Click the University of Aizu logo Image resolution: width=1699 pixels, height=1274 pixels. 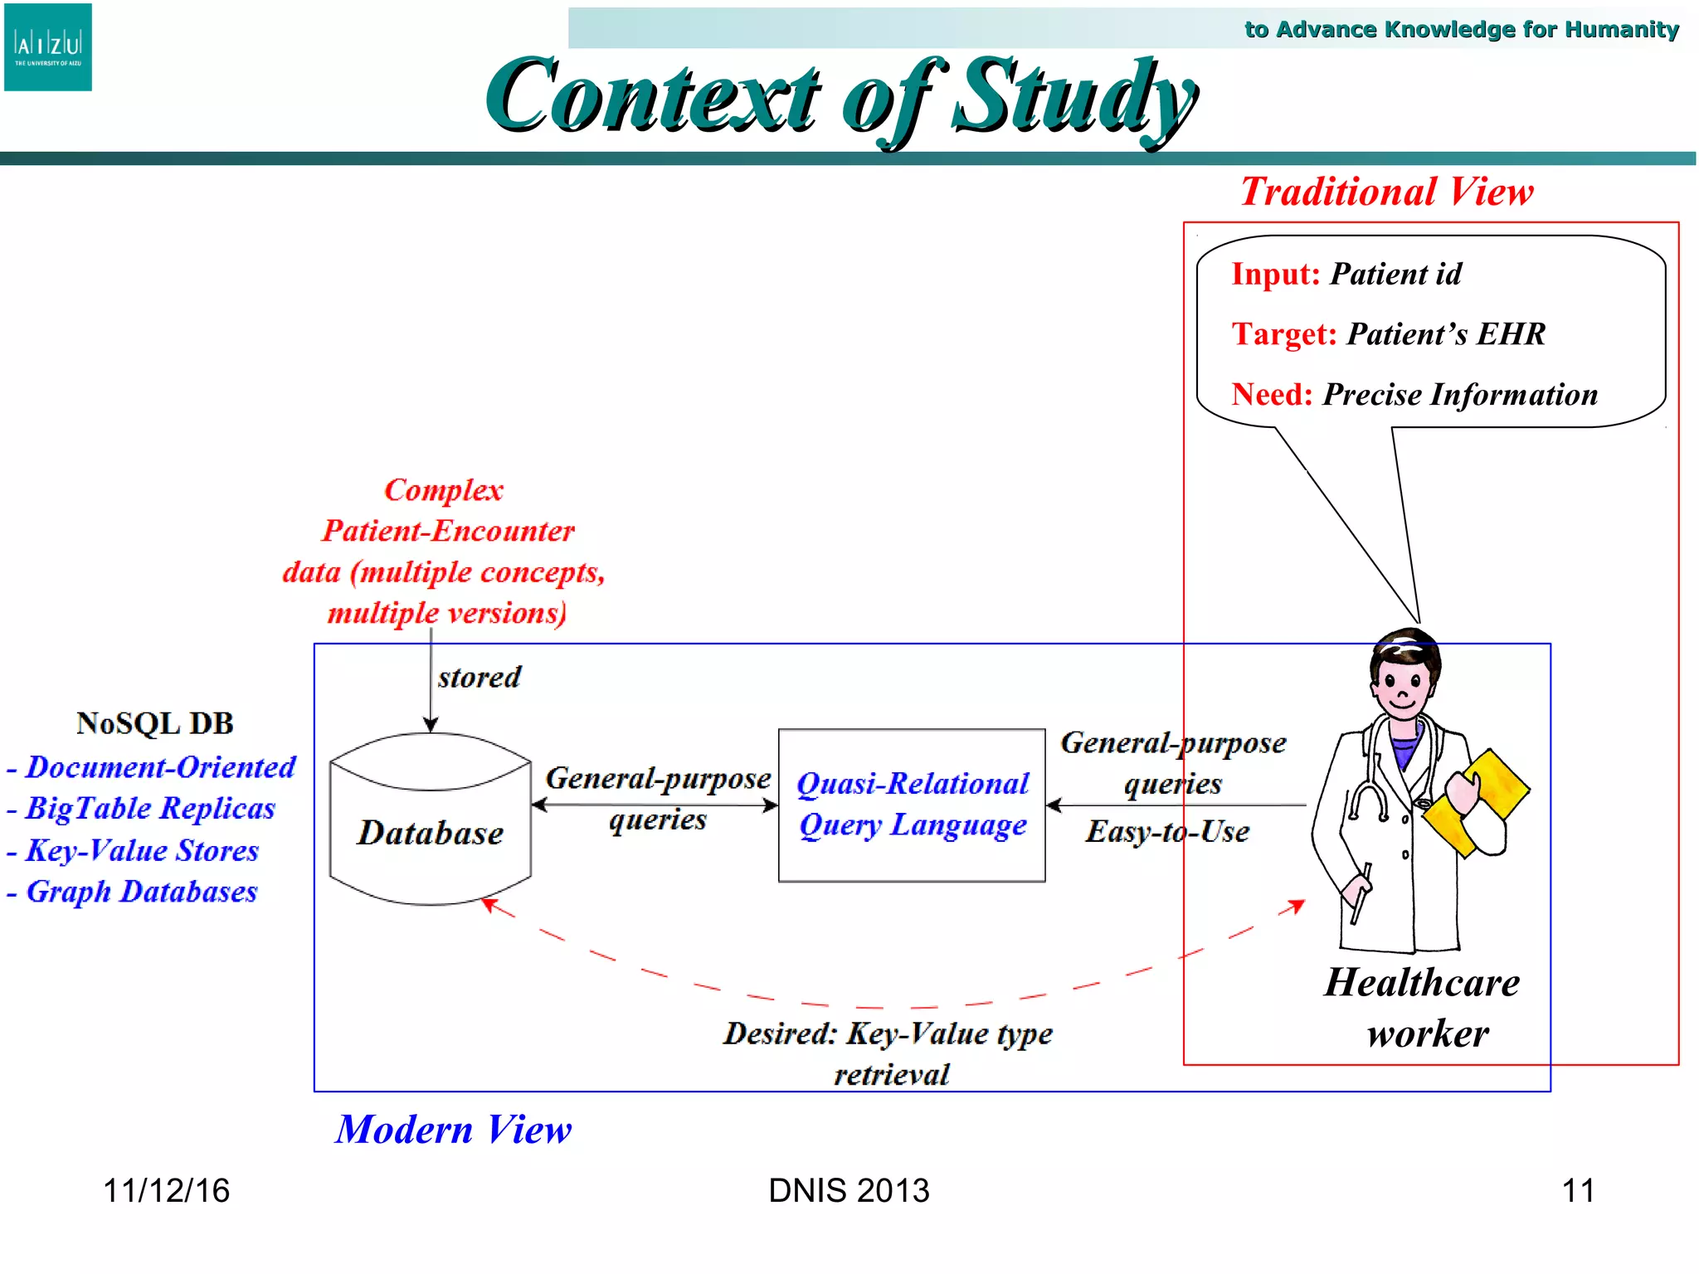tap(48, 47)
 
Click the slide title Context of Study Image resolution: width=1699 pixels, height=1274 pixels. tap(840, 98)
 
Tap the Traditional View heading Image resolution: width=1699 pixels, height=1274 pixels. tap(1386, 192)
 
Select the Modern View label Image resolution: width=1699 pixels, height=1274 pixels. tap(454, 1129)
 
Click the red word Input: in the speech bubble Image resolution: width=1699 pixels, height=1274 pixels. tap(1275, 274)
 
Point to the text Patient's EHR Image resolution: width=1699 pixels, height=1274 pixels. tap(1446, 334)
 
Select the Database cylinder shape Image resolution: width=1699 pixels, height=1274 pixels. tap(430, 821)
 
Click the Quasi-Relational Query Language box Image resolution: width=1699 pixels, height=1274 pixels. tap(912, 805)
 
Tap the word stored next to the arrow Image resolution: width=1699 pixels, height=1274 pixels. tap(480, 678)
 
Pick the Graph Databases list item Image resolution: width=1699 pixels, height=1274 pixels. tap(141, 892)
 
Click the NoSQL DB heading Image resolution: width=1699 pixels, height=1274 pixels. tap(155, 723)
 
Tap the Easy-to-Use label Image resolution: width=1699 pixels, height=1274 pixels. tap(1167, 831)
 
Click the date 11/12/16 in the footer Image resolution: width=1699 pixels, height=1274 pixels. tap(166, 1191)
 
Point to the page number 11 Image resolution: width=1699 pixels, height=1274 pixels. tap(1577, 1191)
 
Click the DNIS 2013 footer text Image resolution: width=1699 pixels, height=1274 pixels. tap(849, 1191)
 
